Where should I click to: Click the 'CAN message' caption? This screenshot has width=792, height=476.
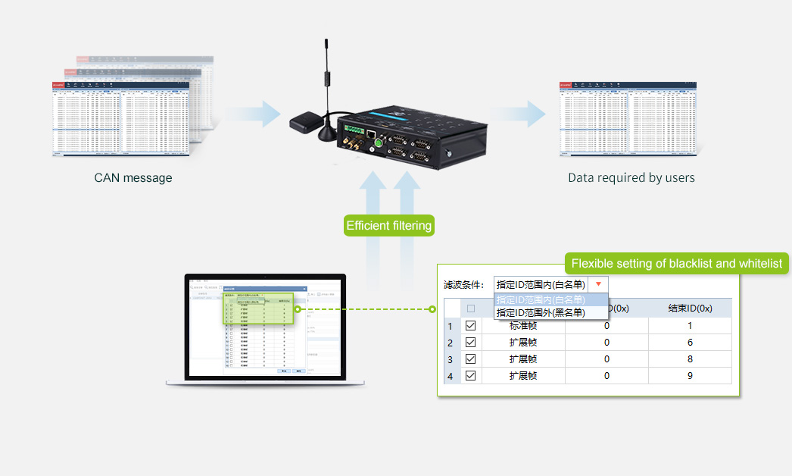(x=133, y=178)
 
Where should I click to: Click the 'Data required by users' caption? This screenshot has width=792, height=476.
(x=631, y=178)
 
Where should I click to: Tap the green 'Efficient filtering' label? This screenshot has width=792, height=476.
(x=388, y=225)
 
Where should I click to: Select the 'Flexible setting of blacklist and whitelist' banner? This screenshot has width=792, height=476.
(x=676, y=264)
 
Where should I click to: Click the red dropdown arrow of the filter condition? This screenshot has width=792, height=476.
(x=599, y=284)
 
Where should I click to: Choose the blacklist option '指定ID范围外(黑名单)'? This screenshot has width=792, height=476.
(x=541, y=312)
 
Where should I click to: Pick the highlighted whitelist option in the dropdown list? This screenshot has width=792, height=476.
(x=541, y=300)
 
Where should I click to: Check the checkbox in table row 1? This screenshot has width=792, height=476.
(x=471, y=325)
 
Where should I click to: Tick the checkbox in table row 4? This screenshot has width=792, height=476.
(x=471, y=375)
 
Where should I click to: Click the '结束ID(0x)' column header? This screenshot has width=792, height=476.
(x=690, y=308)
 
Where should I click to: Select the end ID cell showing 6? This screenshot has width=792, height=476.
(x=690, y=342)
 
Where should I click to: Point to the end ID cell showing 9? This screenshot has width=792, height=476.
(x=690, y=375)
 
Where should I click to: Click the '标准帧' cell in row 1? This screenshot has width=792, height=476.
(x=523, y=325)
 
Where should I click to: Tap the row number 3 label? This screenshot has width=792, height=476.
(x=451, y=359)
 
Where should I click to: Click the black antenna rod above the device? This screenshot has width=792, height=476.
(x=326, y=76)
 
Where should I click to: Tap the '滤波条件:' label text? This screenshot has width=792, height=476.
(x=463, y=285)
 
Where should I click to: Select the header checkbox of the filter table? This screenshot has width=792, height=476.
(x=471, y=308)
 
